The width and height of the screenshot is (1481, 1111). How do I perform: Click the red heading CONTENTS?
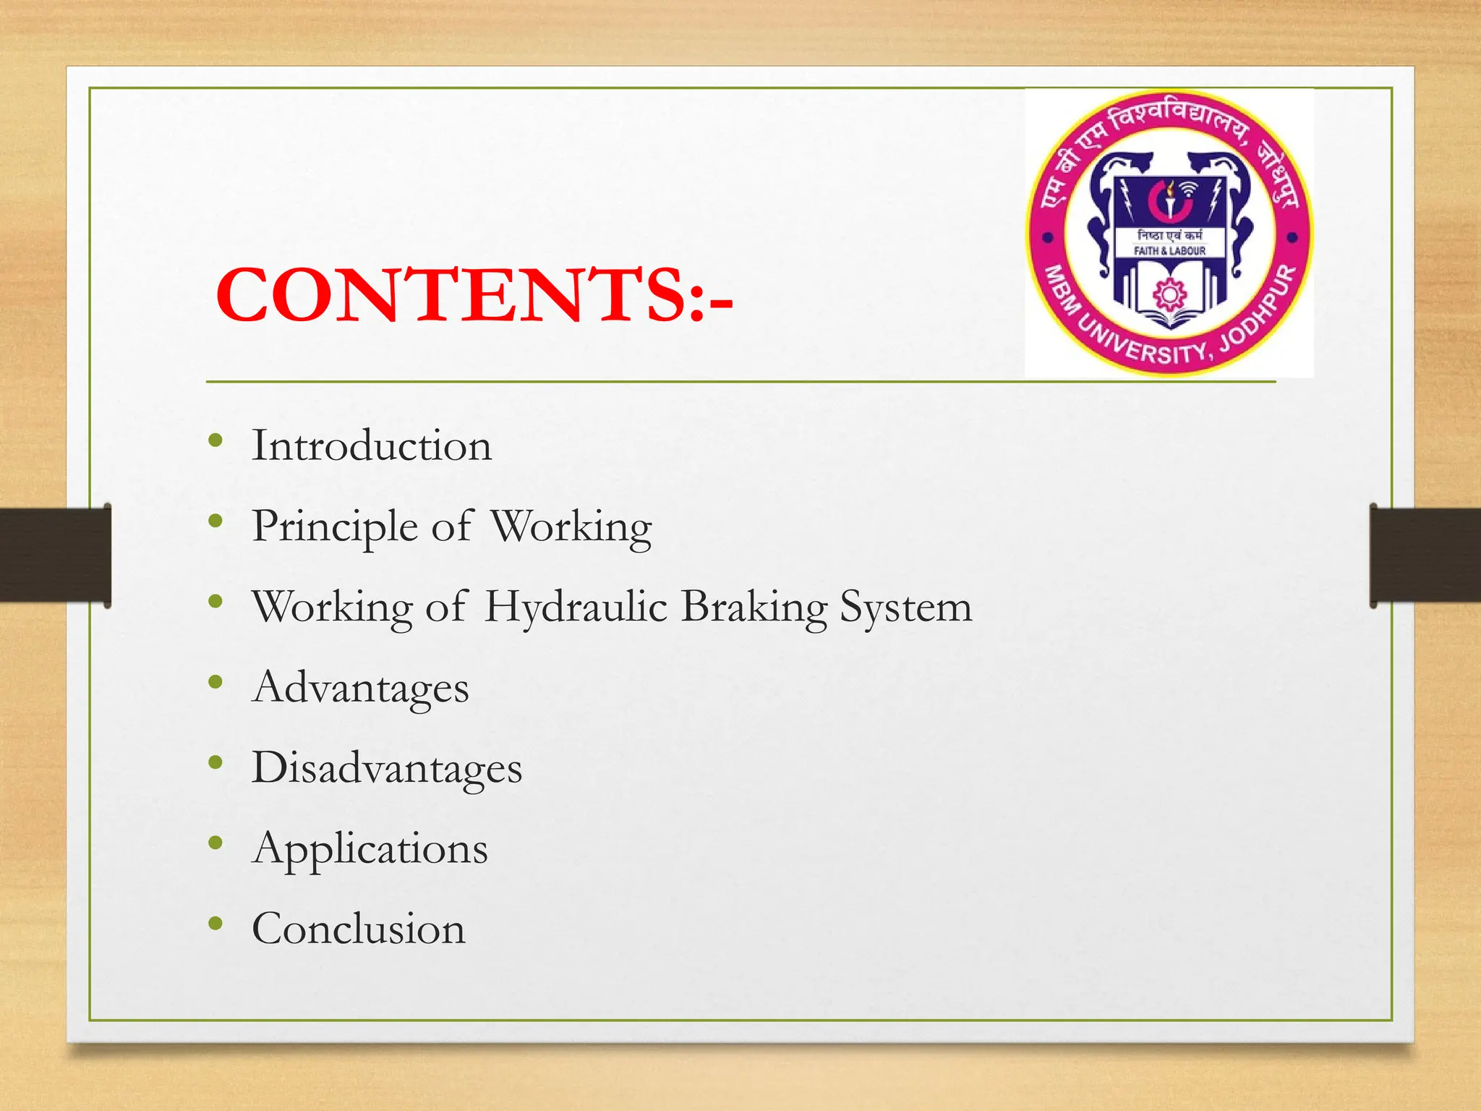point(474,295)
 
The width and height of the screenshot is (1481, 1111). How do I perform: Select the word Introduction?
point(371,446)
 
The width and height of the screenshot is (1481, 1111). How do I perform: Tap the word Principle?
point(334,527)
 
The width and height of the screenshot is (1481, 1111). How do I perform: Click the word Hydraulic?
point(576,607)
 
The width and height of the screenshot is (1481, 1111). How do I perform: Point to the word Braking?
point(754,607)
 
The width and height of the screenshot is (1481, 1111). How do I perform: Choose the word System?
point(905,607)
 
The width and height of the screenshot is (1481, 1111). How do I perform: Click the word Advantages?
point(360,687)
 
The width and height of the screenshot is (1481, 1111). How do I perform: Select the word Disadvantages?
point(386,767)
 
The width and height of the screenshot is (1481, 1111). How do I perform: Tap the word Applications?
point(370,848)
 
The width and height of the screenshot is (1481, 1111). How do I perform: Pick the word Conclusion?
point(358,929)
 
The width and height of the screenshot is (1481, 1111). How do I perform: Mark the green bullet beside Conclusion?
point(215,923)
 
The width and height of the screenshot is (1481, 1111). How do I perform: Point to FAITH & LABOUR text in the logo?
point(1169,251)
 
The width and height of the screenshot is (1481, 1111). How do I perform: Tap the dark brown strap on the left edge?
point(55,555)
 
